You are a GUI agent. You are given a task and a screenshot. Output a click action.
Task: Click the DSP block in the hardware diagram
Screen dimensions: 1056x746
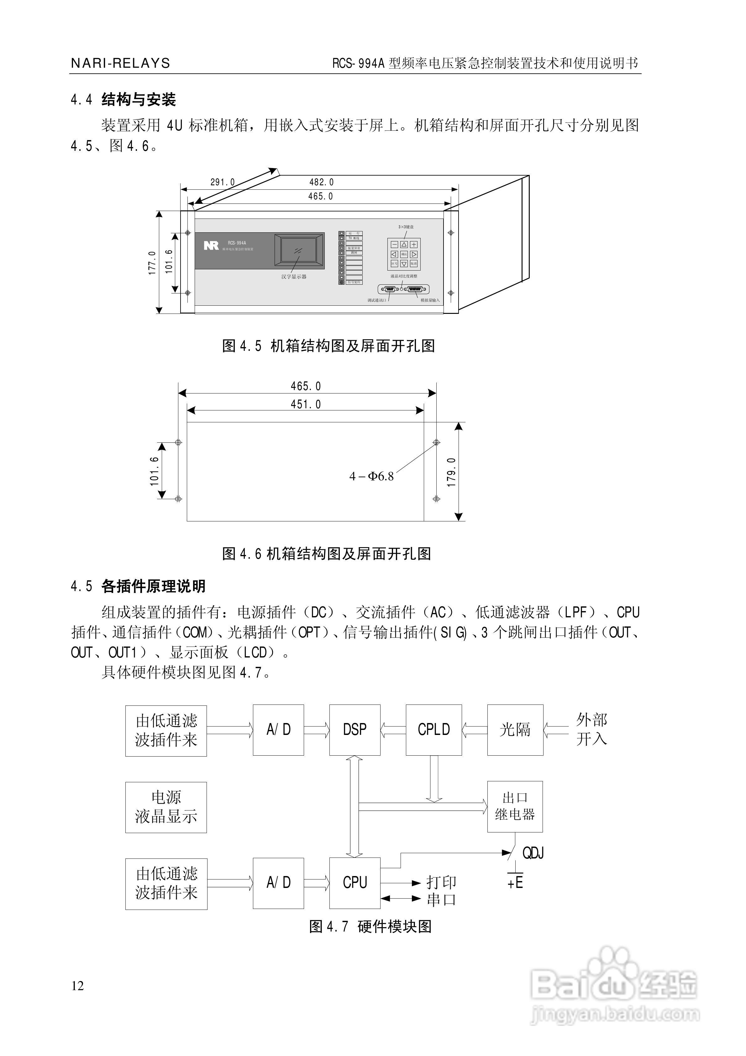[x=355, y=730]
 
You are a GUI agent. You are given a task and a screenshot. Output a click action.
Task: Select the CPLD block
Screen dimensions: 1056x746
[x=433, y=730]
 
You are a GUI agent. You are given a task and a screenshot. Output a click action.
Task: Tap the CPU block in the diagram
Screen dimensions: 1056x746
[x=355, y=883]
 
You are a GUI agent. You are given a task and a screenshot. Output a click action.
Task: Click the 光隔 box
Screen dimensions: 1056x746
[x=515, y=730]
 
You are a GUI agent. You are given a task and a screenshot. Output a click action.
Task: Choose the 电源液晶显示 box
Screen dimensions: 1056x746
[x=166, y=807]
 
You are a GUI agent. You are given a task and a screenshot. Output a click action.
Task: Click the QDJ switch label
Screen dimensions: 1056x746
[x=533, y=853]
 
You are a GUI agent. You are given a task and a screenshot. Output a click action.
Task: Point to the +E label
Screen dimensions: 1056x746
[x=515, y=883]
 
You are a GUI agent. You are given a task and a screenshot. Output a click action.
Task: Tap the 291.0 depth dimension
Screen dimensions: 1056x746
[x=223, y=182]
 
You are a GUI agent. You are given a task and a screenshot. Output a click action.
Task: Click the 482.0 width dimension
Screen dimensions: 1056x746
[x=322, y=182]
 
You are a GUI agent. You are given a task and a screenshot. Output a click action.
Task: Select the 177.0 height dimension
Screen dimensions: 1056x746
[x=152, y=263]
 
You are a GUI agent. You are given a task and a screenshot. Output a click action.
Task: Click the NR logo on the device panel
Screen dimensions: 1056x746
[x=211, y=245]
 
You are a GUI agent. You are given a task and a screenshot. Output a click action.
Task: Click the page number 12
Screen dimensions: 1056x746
[x=78, y=986]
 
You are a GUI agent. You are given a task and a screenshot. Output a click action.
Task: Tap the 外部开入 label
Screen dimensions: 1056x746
[x=591, y=730]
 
